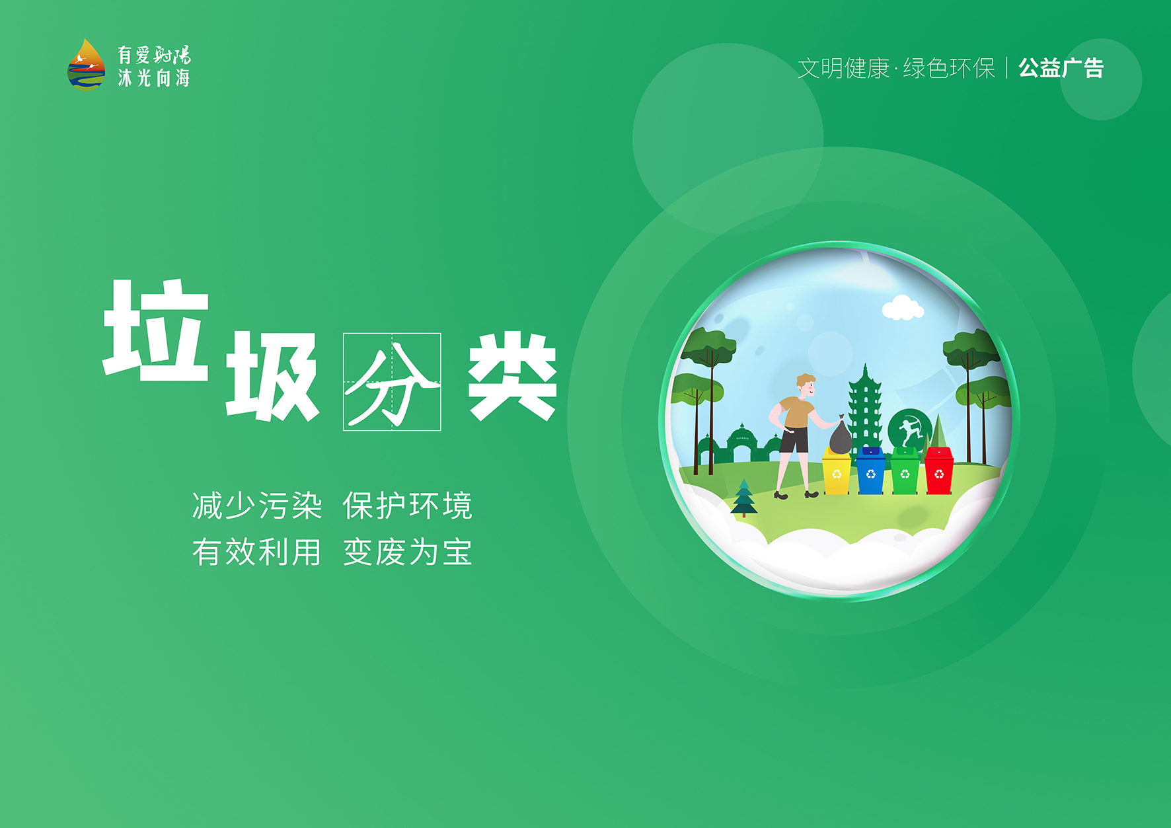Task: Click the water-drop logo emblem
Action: coord(87,63)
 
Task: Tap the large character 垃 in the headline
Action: coord(157,330)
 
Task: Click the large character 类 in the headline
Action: coord(513,376)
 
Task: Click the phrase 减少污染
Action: coord(257,506)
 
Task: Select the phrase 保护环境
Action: coord(407,506)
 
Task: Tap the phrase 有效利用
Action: coord(257,552)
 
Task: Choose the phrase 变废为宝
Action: coord(407,552)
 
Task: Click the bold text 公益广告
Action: coord(1061,68)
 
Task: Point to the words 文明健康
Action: coord(844,68)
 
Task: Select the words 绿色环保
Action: coord(949,68)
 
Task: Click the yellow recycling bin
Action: coord(837,470)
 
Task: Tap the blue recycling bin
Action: coord(870,470)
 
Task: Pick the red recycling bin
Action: coord(939,470)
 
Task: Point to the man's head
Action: coord(806,385)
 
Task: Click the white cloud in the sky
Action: coord(903,308)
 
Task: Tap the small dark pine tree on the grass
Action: coord(744,498)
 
